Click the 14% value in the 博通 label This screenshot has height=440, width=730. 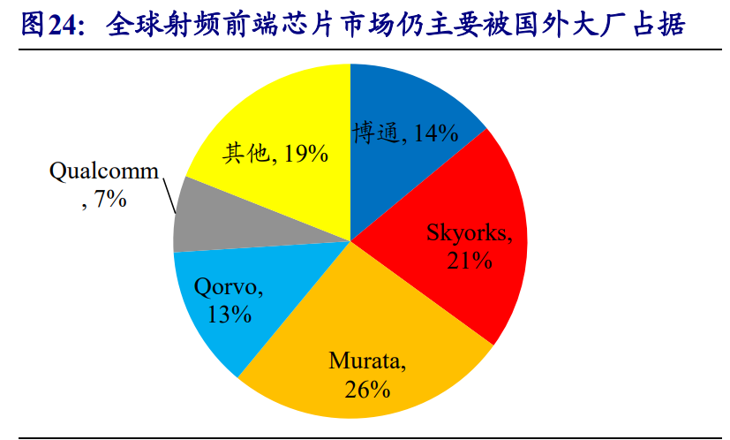tap(433, 133)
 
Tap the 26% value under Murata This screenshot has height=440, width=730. tap(368, 388)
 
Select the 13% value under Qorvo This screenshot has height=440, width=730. tap(230, 313)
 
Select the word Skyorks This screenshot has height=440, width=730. tap(465, 233)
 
